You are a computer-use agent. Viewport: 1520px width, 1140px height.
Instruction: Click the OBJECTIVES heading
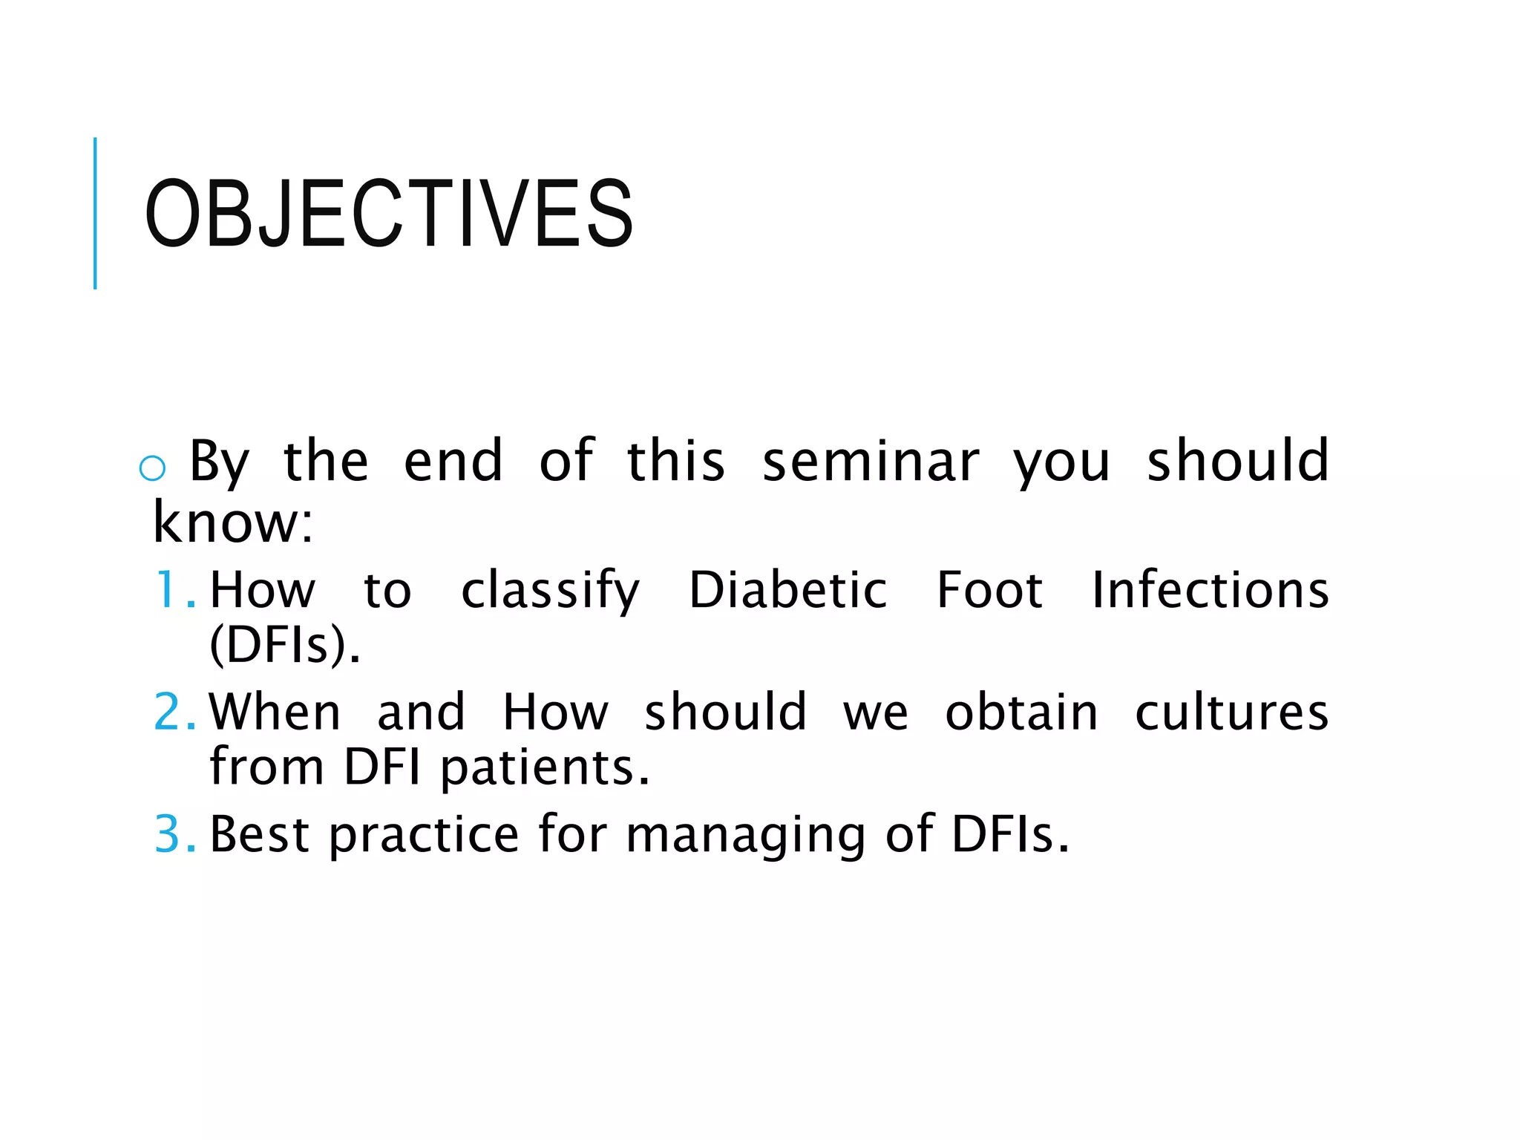click(389, 214)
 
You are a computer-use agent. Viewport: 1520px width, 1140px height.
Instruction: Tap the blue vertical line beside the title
click(95, 214)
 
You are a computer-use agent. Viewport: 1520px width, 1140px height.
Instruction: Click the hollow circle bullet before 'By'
click(152, 468)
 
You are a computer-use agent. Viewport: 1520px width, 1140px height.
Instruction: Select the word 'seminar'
click(871, 462)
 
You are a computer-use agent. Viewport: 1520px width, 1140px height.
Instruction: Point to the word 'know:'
click(233, 522)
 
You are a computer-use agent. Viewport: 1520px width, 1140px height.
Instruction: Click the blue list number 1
click(174, 590)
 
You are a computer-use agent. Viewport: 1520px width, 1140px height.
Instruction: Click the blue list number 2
click(174, 712)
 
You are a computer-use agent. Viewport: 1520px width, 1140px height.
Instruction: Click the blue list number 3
click(174, 834)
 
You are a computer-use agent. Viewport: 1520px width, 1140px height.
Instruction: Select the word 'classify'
click(550, 592)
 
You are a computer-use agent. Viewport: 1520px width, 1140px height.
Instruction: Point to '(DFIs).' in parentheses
click(285, 645)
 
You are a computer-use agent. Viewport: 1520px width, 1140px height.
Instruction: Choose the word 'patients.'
click(546, 767)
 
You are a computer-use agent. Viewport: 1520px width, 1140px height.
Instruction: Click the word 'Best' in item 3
click(259, 834)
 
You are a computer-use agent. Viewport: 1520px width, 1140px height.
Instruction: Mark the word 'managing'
click(745, 836)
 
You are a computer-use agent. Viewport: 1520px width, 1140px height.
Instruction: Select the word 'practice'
click(424, 836)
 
